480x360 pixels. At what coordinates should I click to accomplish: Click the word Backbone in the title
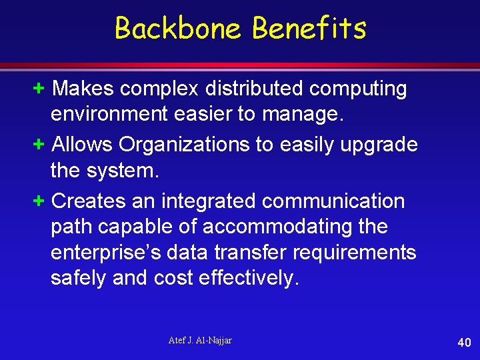(x=178, y=28)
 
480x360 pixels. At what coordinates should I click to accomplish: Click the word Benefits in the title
(x=309, y=28)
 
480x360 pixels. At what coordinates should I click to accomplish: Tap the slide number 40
(x=464, y=343)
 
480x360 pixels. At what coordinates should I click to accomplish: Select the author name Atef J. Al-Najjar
(x=200, y=341)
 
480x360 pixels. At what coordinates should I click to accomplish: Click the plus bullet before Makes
(x=39, y=88)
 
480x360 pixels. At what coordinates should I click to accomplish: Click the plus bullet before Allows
(x=39, y=144)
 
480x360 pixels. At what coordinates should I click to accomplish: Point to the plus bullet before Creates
(x=39, y=201)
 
